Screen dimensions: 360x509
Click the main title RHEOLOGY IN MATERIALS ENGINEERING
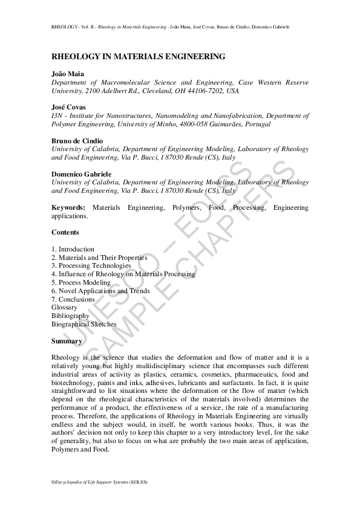tap(138, 56)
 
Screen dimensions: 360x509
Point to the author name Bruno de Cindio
tap(77, 140)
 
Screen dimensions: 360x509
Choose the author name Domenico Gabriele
tap(81, 173)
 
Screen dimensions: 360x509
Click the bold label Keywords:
tap(69, 207)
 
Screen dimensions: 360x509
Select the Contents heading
tap(65, 232)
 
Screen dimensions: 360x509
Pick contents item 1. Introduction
tap(73, 249)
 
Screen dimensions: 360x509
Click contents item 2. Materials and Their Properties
tap(99, 258)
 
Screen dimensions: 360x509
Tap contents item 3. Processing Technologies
tap(91, 266)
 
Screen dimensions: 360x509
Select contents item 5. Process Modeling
tap(81, 282)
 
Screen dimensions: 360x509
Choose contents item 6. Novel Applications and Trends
tap(100, 291)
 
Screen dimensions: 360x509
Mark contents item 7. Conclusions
tap(73, 299)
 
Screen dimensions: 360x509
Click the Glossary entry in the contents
tap(64, 307)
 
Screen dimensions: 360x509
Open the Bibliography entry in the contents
tap(70, 316)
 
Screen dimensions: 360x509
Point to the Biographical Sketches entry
tap(83, 324)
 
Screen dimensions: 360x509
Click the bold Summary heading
tap(67, 341)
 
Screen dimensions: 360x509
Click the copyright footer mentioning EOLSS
tap(99, 482)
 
